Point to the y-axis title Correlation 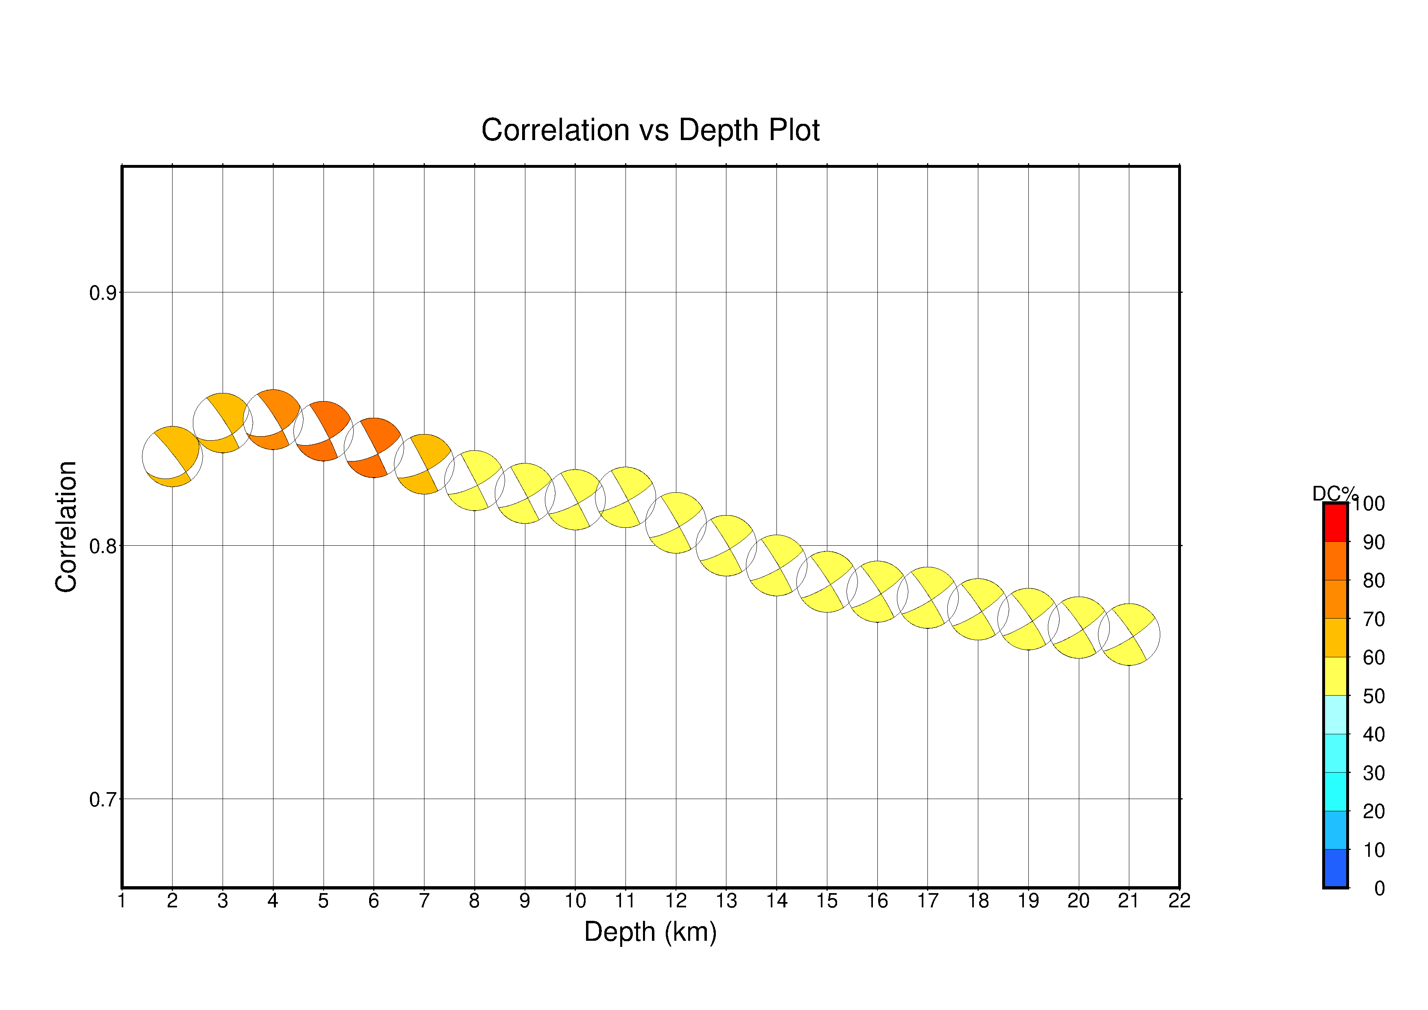67,527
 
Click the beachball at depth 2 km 172,456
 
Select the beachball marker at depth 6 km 374,448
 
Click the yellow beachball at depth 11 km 625,497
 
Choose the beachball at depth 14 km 776,565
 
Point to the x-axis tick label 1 122,900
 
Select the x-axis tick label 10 575,900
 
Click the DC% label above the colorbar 1334,494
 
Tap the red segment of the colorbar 1335,523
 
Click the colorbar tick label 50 1374,696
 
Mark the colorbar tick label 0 1380,888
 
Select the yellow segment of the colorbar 1335,676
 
